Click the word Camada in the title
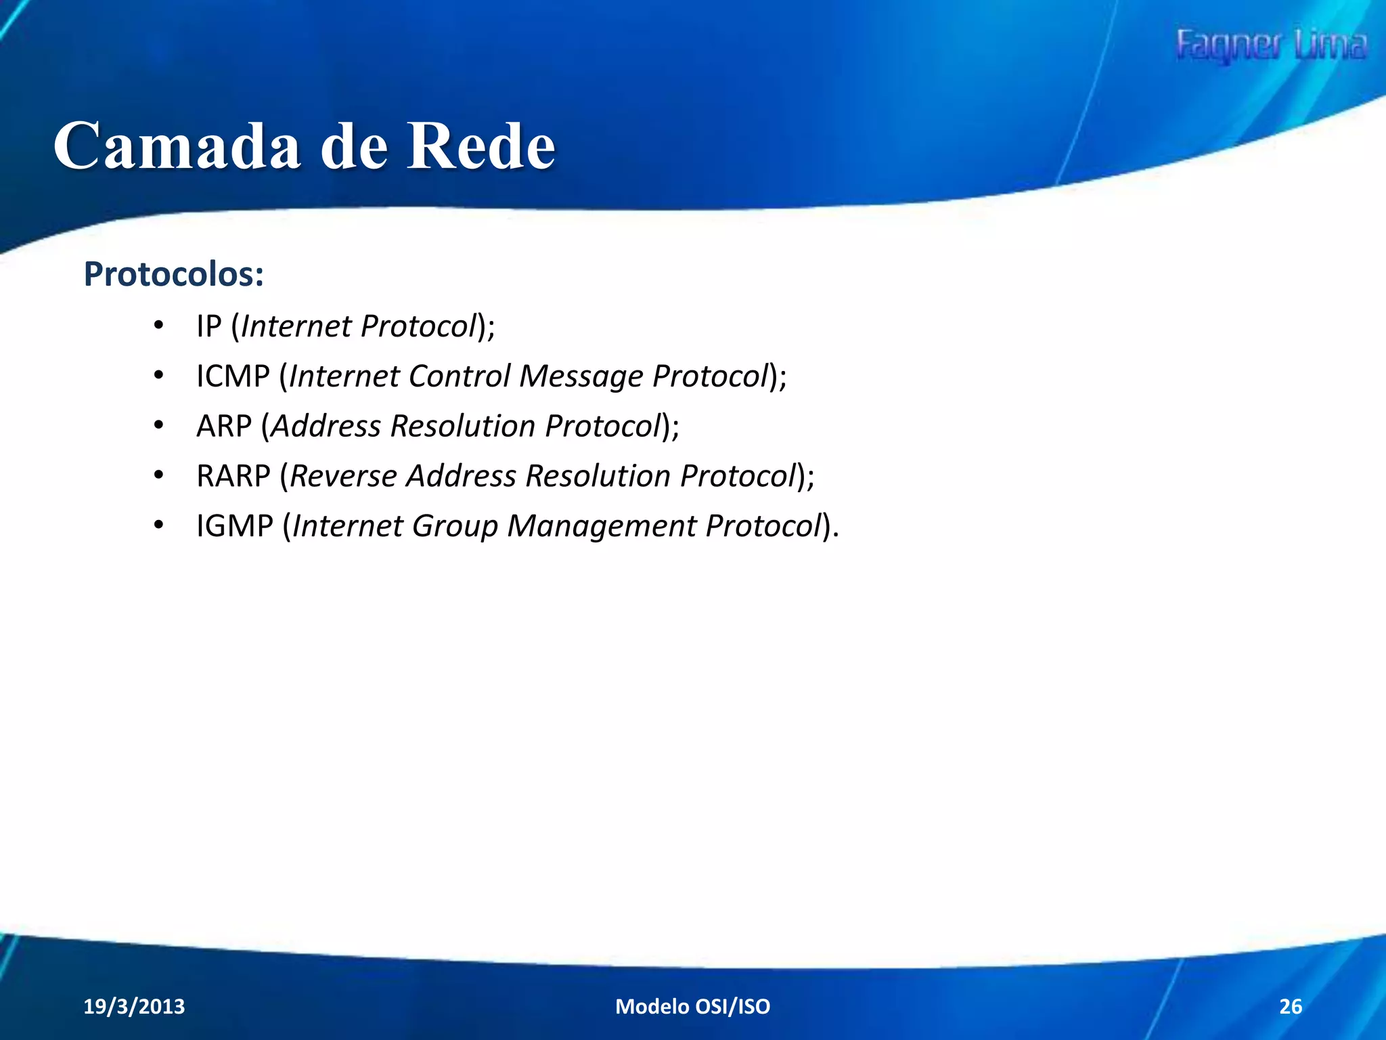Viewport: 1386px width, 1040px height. tap(177, 146)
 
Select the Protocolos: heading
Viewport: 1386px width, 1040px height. tap(173, 274)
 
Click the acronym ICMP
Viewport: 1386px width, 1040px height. tap(233, 376)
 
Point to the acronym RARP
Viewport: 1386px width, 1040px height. tap(233, 476)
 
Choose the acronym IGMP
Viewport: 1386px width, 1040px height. tap(234, 526)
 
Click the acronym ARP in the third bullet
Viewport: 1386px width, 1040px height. tap(224, 427)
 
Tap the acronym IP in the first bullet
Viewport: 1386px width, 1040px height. tap(209, 326)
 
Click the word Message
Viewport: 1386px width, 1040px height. tap(581, 376)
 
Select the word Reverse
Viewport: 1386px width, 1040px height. tap(343, 476)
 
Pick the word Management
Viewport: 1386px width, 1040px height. tap(602, 526)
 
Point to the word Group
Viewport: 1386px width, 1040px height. tap(455, 526)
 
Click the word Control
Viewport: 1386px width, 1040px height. tap(460, 376)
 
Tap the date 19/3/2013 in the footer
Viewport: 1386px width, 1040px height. tap(134, 1007)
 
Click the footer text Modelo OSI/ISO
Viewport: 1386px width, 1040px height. tap(692, 1007)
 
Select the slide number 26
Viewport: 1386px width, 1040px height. tap(1290, 1007)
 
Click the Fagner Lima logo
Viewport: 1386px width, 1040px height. tap(1271, 46)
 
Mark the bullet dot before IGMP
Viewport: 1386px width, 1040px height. tap(158, 525)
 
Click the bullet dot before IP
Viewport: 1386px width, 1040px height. tap(158, 326)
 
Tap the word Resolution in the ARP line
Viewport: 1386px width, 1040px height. tap(463, 427)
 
